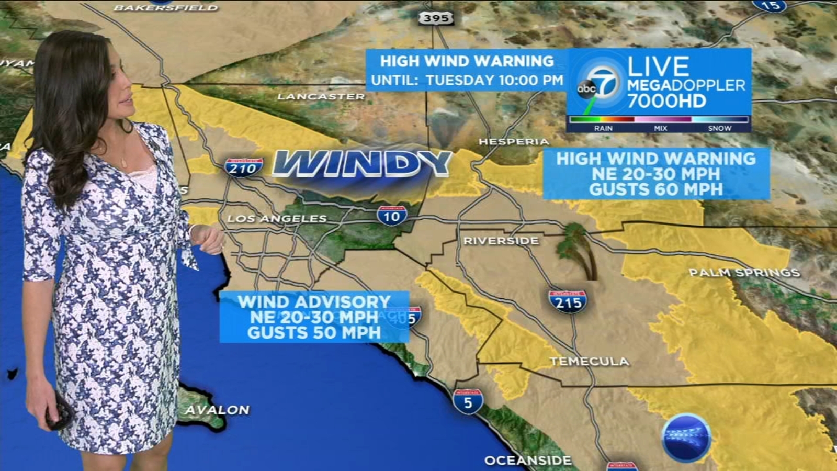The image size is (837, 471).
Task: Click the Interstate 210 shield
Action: click(243, 167)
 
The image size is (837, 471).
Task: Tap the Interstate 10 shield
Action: click(392, 216)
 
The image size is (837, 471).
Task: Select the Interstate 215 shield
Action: click(568, 301)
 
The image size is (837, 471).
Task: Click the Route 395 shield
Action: click(436, 18)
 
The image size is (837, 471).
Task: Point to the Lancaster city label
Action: click(321, 97)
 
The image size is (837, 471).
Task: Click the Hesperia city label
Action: click(514, 142)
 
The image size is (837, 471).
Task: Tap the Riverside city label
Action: click(501, 241)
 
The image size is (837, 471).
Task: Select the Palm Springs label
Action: click(744, 273)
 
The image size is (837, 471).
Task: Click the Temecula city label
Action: click(589, 361)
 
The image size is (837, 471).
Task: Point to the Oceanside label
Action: click(528, 461)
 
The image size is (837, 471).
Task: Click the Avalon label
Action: click(217, 410)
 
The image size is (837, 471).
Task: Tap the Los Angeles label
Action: click(277, 218)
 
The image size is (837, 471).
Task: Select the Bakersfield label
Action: click(165, 8)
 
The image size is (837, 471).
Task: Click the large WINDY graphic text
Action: click(362, 164)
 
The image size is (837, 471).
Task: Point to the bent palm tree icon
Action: click(577, 249)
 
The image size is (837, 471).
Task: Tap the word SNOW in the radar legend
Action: click(719, 128)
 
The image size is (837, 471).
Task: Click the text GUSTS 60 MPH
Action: click(656, 189)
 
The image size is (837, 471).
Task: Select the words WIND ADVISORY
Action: click(314, 301)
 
